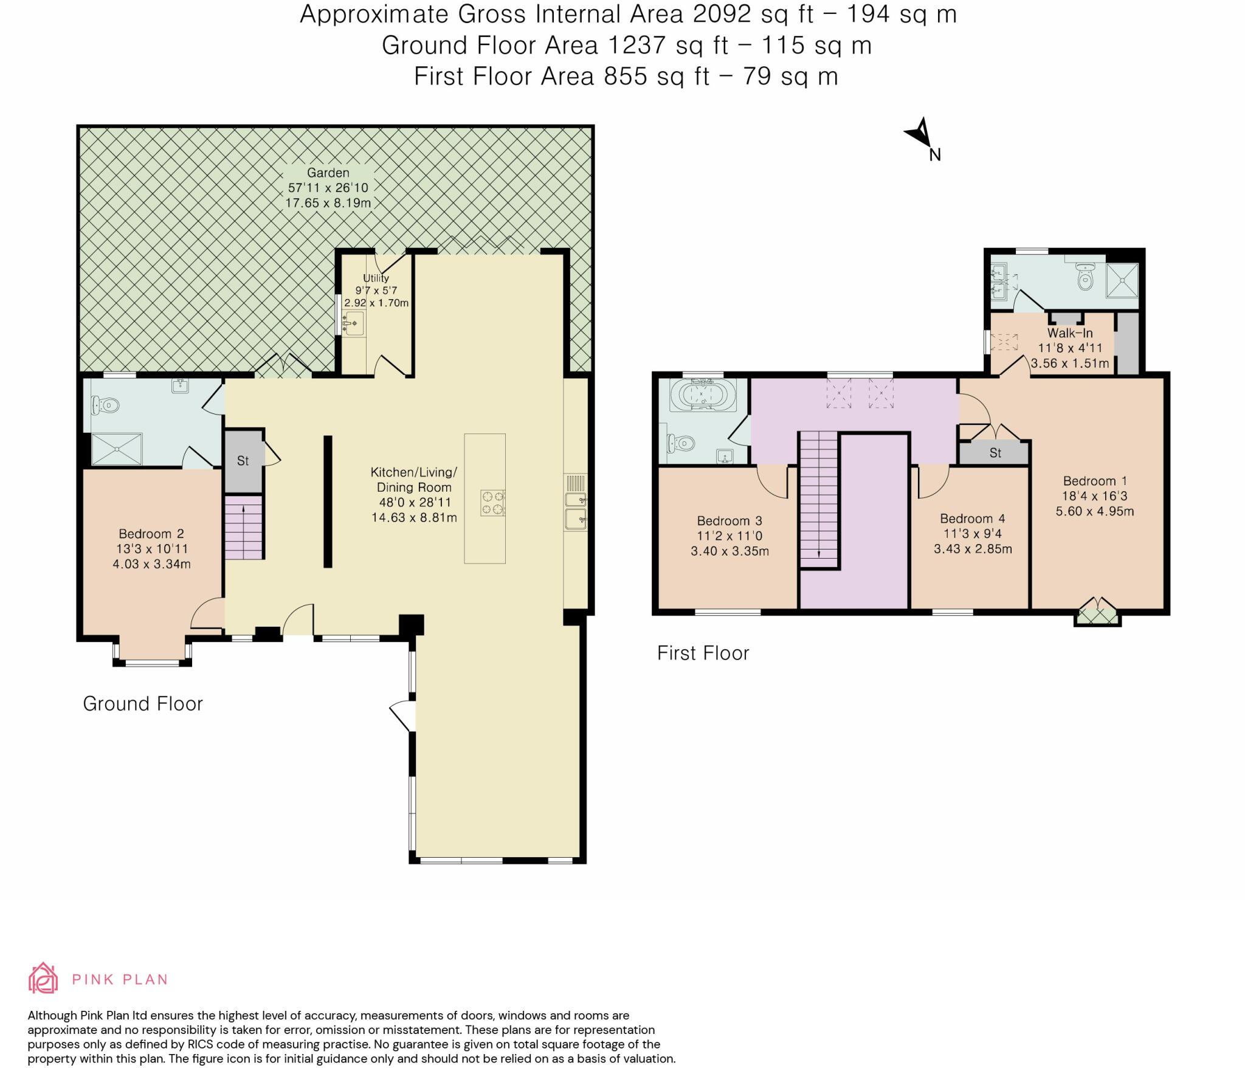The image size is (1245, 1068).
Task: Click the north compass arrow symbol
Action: pos(919,133)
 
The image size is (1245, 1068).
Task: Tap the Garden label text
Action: pos(328,173)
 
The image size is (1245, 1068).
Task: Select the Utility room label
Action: pos(376,278)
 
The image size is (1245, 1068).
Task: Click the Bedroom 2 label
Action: pos(151,534)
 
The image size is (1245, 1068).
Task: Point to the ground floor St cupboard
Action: pos(243,461)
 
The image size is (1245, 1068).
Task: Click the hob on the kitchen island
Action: pos(492,503)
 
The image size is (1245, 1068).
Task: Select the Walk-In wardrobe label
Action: pos(1070,333)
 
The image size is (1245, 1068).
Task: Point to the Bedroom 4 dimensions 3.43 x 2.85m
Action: pos(973,549)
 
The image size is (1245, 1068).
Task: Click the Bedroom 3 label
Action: pos(729,521)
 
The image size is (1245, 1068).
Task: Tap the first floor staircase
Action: pos(818,498)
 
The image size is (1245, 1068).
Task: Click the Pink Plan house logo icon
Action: pos(43,978)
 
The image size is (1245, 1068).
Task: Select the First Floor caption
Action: pos(703,653)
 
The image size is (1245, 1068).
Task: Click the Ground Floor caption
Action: pos(143,704)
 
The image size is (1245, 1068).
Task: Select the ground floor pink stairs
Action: pos(244,527)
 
